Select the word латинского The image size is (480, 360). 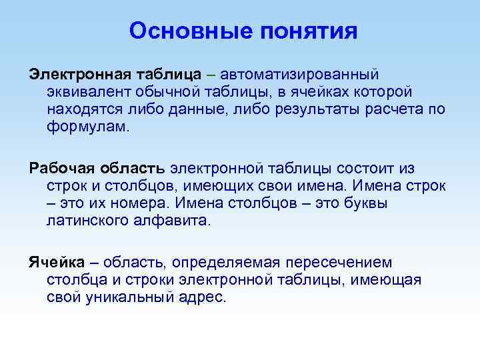pyautogui.click(x=91, y=221)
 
